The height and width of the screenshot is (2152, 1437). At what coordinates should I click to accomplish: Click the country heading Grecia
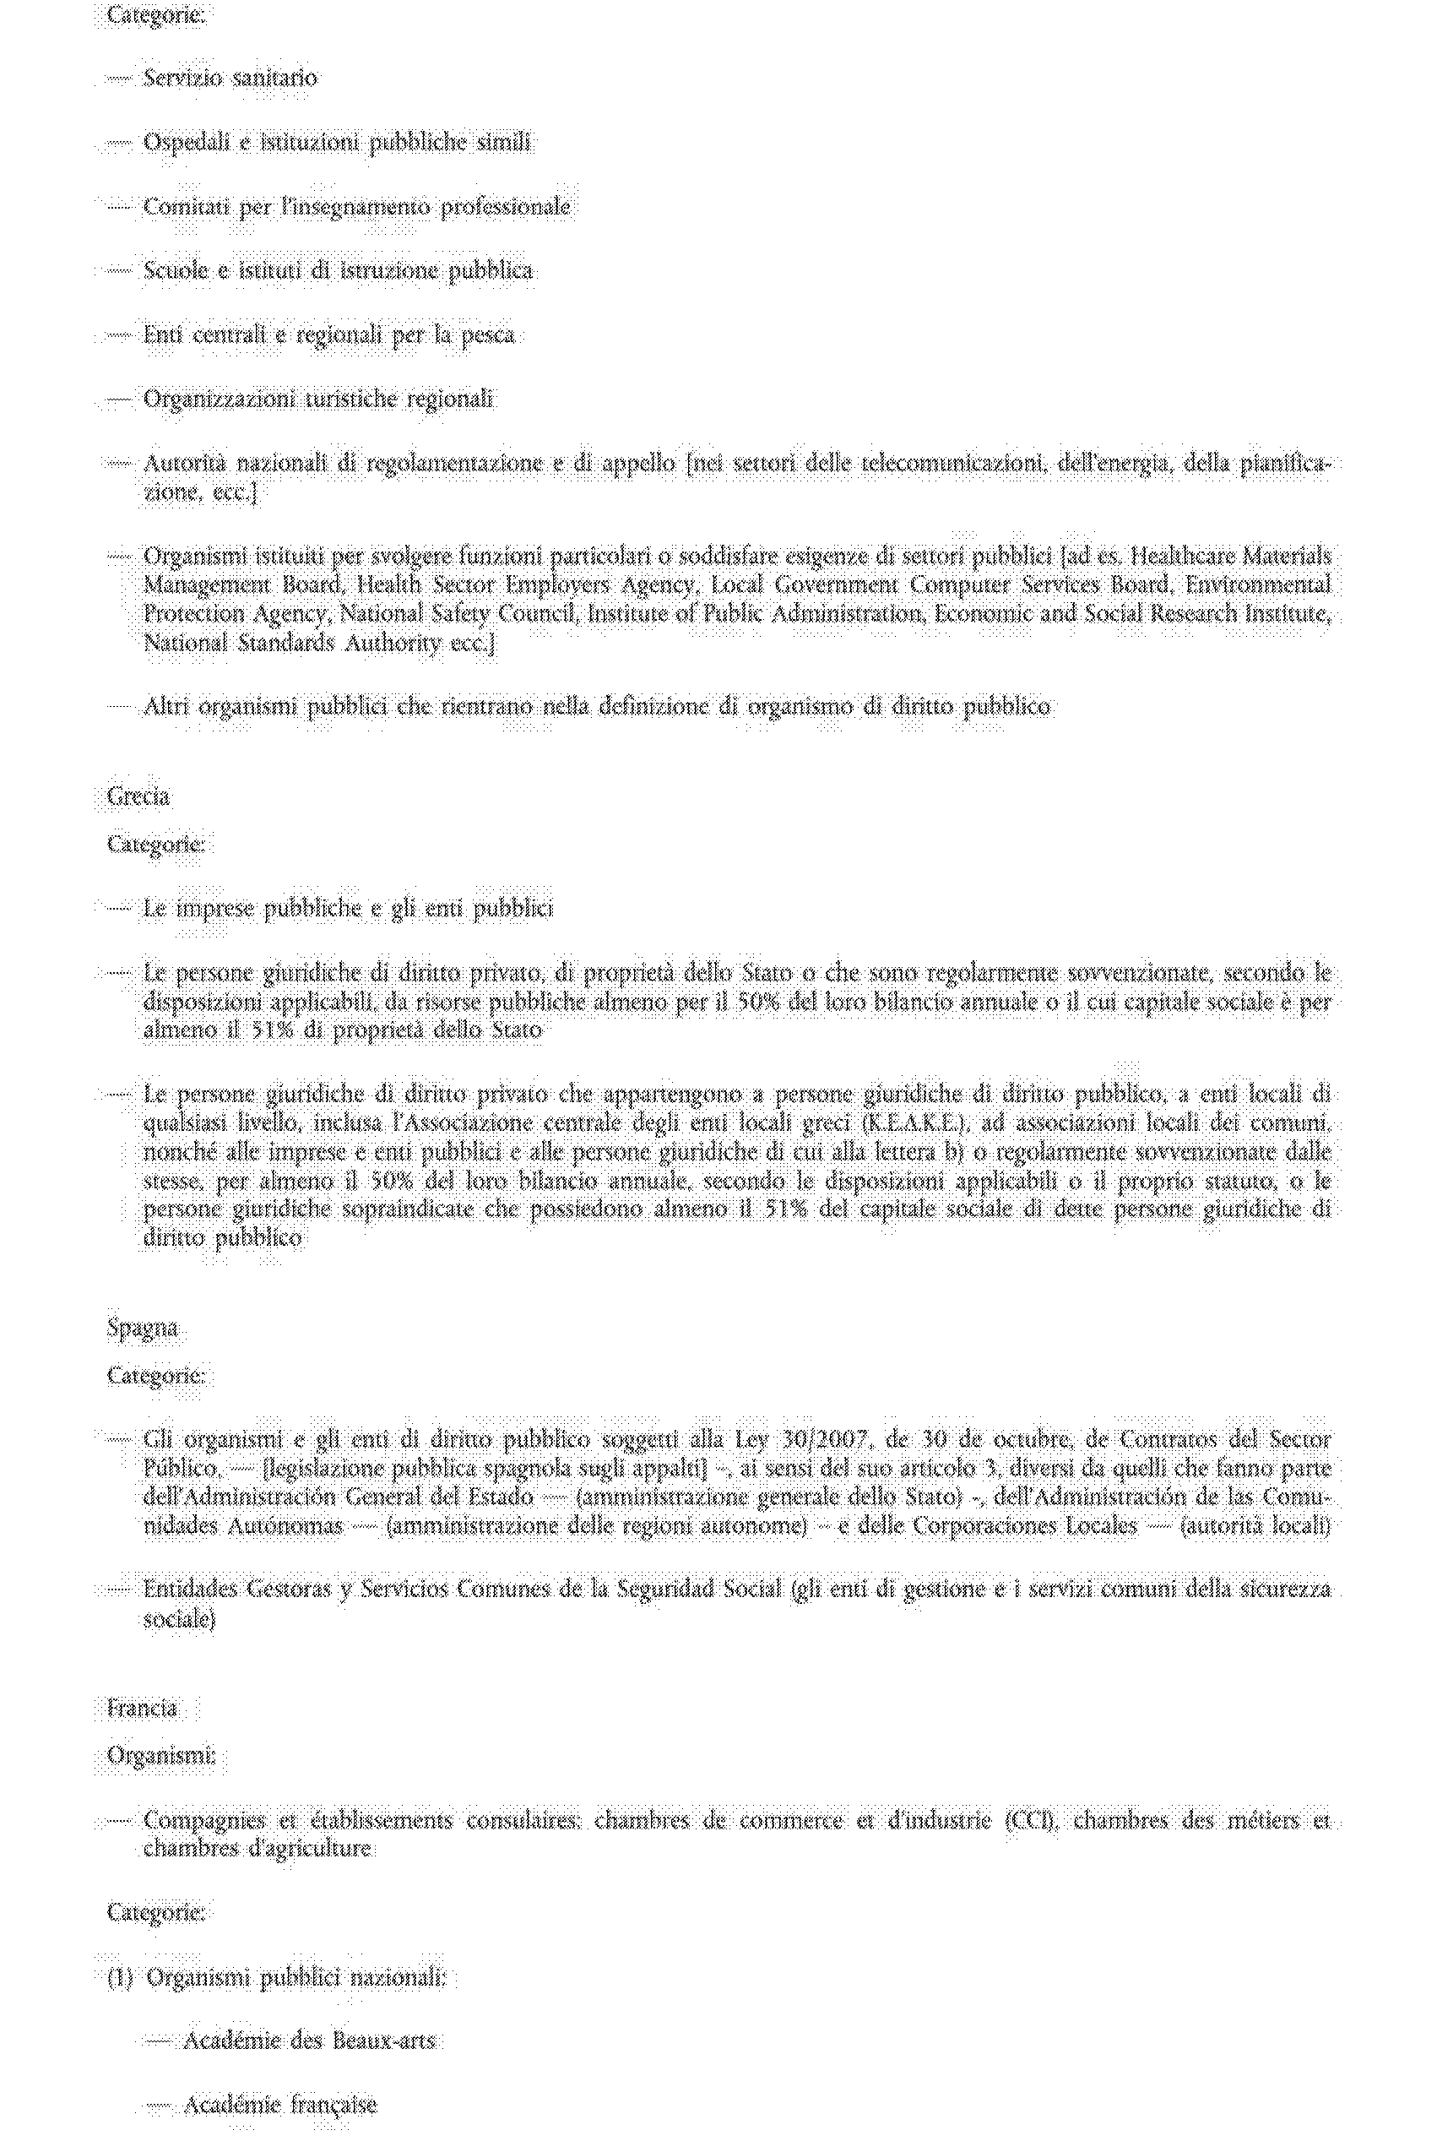pos(138,796)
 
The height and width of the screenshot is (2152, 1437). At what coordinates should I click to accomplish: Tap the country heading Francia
pos(141,1709)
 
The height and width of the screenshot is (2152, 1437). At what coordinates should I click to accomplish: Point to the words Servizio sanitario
pos(230,78)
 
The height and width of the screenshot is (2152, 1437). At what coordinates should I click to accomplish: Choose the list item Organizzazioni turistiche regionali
pos(318,399)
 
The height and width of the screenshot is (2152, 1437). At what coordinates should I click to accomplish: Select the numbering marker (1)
pos(120,1978)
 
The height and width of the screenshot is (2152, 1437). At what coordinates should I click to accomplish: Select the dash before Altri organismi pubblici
pos(120,707)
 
